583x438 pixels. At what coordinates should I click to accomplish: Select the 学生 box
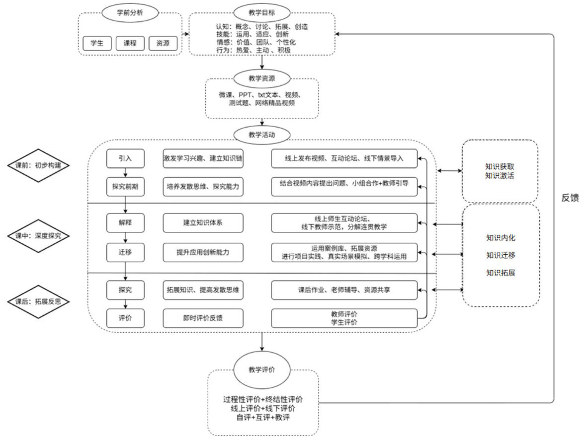click(x=97, y=43)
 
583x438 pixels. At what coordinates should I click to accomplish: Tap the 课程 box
click(x=129, y=43)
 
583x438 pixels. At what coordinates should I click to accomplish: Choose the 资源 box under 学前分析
click(x=163, y=43)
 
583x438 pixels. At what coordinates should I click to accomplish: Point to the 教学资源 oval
click(x=262, y=78)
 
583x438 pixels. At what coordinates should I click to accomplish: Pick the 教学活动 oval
click(x=262, y=135)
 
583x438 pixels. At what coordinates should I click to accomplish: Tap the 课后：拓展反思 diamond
click(x=38, y=301)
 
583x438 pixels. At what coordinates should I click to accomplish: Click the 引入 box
click(x=125, y=159)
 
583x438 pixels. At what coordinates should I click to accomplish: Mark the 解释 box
click(x=125, y=222)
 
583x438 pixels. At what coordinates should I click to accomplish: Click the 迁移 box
click(x=125, y=252)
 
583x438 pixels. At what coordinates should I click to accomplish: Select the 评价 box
click(x=125, y=318)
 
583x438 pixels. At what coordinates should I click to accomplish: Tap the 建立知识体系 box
click(x=203, y=222)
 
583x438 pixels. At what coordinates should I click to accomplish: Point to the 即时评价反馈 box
click(x=203, y=318)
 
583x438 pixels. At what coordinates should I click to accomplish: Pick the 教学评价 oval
click(x=262, y=370)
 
